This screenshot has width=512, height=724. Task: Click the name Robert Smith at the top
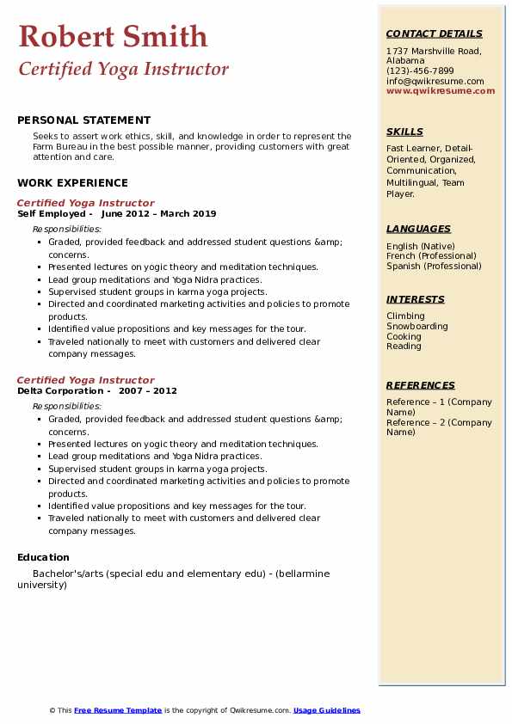coord(113,36)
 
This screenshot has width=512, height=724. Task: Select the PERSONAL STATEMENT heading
coord(83,120)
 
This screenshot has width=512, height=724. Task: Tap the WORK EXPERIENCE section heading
coord(72,182)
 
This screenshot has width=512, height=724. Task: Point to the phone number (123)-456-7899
coord(420,71)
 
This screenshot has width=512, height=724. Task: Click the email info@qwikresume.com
coord(435,81)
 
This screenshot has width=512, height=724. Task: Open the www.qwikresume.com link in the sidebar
coord(441,90)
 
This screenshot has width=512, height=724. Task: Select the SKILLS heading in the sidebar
coord(404,132)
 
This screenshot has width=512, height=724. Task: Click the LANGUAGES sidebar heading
coord(418,229)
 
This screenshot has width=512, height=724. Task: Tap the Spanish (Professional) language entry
coord(435,266)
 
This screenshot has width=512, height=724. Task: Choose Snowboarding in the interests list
coord(416,327)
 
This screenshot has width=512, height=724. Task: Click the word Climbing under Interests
coord(405,316)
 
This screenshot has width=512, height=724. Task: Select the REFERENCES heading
coord(421,385)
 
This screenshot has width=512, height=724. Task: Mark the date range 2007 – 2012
coord(148,391)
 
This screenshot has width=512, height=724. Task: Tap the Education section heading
coord(43,557)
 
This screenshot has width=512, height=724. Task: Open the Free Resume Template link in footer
coord(118,710)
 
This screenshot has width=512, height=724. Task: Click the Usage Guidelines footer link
coord(327,710)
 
